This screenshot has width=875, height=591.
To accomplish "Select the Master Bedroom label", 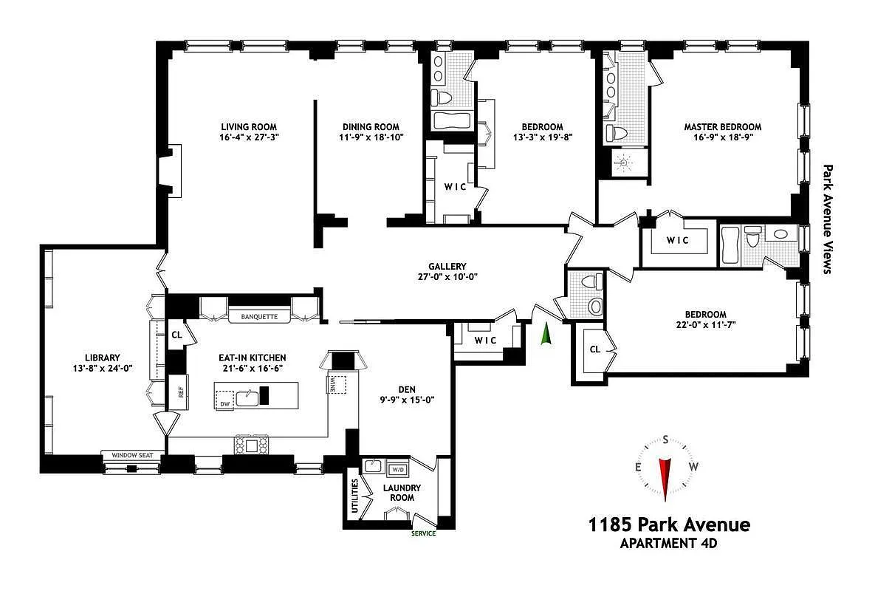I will click(x=721, y=126).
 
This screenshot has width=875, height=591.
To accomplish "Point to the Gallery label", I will click(x=447, y=267).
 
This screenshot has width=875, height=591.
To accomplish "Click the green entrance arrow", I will click(x=546, y=334).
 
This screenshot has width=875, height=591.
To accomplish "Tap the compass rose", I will click(x=665, y=468).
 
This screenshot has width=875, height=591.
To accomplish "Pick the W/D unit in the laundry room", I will click(x=397, y=469).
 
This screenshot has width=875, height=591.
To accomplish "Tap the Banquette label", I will click(x=258, y=318).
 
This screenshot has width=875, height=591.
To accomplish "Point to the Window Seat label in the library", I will click(x=132, y=455).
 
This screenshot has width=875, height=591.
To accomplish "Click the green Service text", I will click(x=423, y=533).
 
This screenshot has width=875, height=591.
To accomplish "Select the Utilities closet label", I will click(x=355, y=496).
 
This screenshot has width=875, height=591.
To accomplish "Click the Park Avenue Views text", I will click(x=827, y=219).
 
